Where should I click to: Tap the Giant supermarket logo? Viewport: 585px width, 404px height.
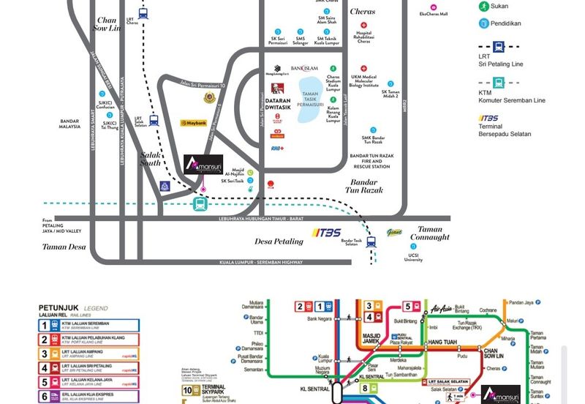coord(394,233)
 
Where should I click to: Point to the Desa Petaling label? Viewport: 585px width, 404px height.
coord(279,241)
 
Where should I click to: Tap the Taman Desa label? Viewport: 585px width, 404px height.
coord(64,247)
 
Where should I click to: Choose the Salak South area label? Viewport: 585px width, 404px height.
coord(151,158)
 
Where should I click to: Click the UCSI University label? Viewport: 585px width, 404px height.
coord(413,258)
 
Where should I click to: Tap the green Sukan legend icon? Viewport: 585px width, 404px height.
coord(483,6)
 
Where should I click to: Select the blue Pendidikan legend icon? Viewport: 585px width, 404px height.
coord(483,23)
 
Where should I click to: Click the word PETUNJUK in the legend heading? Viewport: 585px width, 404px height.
coord(59,308)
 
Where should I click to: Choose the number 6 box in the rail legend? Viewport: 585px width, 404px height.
coord(45,397)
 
